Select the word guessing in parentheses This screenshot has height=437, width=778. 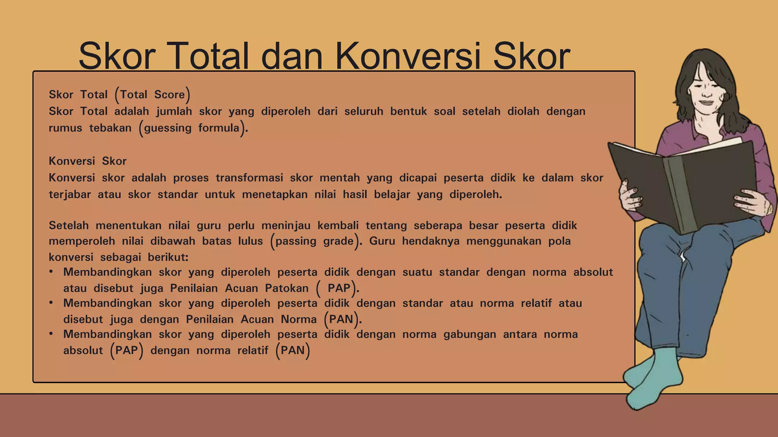click(168, 128)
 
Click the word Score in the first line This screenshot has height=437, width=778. click(169, 94)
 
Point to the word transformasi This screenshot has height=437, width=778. click(249, 178)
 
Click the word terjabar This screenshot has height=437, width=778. click(70, 195)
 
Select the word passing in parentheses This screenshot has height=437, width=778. click(296, 241)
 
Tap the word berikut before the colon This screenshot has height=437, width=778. click(167, 257)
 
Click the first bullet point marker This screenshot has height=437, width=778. click(51, 272)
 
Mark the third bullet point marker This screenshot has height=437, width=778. click(51, 334)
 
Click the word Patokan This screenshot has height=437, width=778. click(286, 288)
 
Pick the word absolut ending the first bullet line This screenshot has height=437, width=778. click(593, 272)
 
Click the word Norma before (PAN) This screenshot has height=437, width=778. click(299, 319)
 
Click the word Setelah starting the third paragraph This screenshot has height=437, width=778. click(68, 226)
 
